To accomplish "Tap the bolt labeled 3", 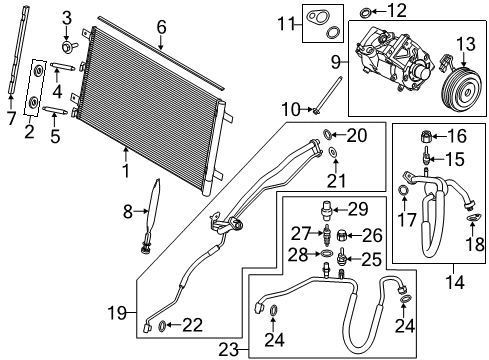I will [x=67, y=46].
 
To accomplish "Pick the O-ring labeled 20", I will [x=330, y=136].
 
